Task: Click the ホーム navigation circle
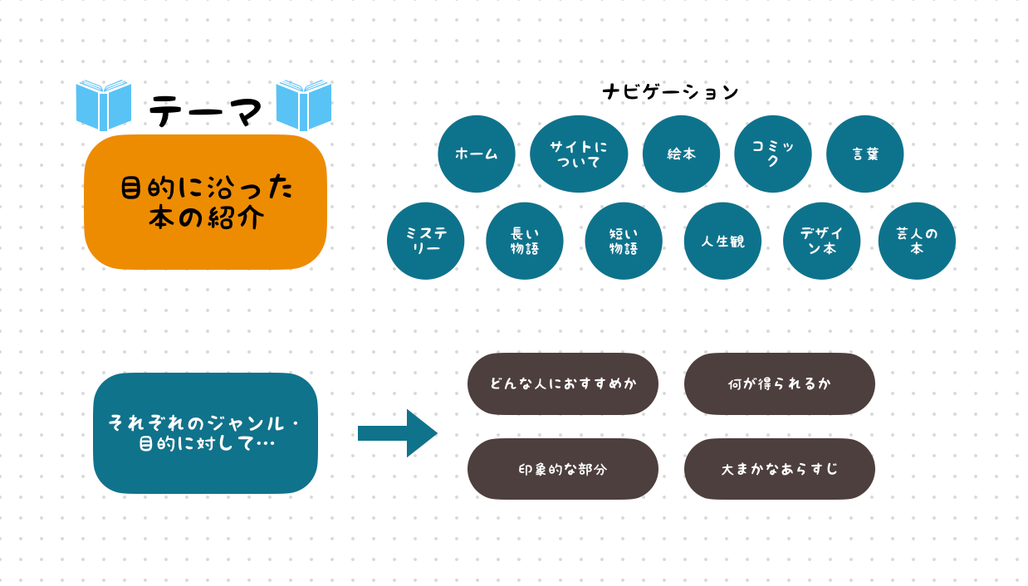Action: tap(477, 154)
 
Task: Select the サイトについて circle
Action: tap(579, 154)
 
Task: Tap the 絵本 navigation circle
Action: tap(681, 154)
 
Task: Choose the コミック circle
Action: tap(773, 154)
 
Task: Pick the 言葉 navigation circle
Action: tap(865, 154)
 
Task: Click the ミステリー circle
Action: tap(426, 241)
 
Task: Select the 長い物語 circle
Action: tap(525, 241)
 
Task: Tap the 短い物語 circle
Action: tap(624, 241)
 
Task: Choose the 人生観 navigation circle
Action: tap(722, 241)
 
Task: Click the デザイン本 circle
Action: tap(821, 241)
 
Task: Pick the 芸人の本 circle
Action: tap(917, 241)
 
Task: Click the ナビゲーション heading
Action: tap(670, 92)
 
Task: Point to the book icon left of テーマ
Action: tap(104, 105)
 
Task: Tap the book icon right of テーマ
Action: tap(304, 105)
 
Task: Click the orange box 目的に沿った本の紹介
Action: tap(206, 202)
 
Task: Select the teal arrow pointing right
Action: tap(397, 433)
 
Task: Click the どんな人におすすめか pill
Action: tap(563, 383)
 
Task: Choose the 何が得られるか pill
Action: tap(780, 383)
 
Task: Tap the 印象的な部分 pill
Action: tap(563, 469)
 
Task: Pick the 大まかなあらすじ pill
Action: tap(780, 469)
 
